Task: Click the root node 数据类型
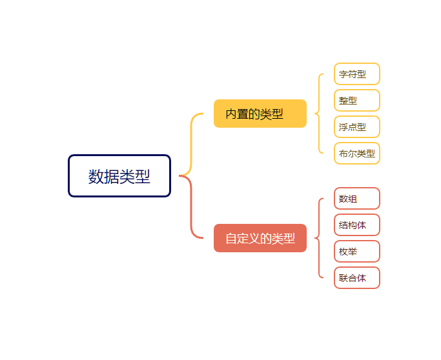[x=119, y=175]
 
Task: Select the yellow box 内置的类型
[x=260, y=114]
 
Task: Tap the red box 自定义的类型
[x=260, y=238]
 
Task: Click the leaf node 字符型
[x=356, y=74]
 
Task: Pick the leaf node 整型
[x=356, y=101]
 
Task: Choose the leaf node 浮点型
[x=356, y=127]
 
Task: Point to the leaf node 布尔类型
[x=356, y=154]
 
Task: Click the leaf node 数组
[x=356, y=199]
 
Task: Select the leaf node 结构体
[x=356, y=225]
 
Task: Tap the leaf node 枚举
[x=356, y=252]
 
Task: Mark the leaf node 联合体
[x=356, y=278]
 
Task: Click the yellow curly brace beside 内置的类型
[x=319, y=114]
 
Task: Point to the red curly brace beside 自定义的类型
[x=319, y=238]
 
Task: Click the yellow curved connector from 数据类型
[x=192, y=139]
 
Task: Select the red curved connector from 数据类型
[x=192, y=213]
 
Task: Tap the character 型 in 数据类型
[x=143, y=176]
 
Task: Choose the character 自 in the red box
[x=231, y=239]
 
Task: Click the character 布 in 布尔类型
[x=343, y=154]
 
